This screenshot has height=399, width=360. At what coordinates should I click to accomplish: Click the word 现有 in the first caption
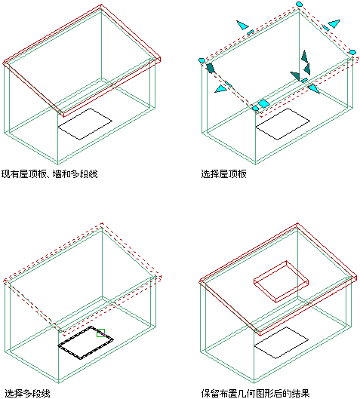click(x=11, y=174)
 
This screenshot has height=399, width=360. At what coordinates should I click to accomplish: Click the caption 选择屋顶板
click(x=224, y=174)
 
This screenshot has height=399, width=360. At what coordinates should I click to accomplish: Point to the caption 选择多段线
click(x=27, y=394)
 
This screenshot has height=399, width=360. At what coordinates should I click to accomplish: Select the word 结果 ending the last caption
click(x=300, y=394)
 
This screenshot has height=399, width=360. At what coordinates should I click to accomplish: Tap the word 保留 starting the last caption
click(x=211, y=394)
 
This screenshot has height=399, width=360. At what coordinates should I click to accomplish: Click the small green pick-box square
click(x=101, y=333)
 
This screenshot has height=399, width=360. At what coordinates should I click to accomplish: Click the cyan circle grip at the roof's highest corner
click(x=299, y=4)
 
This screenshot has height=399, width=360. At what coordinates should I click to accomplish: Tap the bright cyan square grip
click(x=263, y=104)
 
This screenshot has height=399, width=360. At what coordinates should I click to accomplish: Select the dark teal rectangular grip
click(x=211, y=68)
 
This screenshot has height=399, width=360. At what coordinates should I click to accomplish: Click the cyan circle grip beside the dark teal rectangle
click(x=202, y=60)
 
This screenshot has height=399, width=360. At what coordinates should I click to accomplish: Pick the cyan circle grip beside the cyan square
click(x=255, y=109)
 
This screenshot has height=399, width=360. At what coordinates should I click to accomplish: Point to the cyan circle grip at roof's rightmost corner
click(x=352, y=52)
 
